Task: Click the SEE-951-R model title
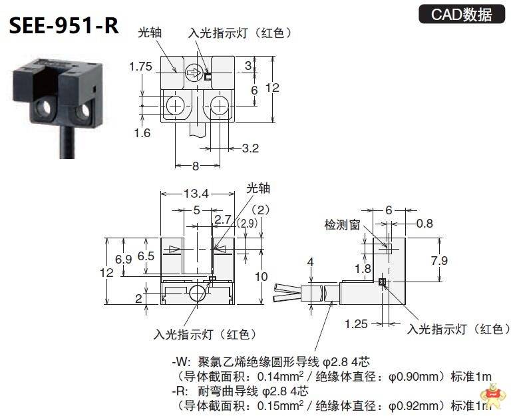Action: click(64, 25)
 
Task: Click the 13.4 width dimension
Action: click(196, 194)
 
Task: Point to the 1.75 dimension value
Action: click(140, 66)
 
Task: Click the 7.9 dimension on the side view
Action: click(439, 260)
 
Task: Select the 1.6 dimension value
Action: click(141, 132)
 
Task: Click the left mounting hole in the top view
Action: click(176, 104)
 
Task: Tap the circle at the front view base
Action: click(196, 294)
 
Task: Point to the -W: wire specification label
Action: click(181, 362)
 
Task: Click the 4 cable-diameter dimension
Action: click(309, 262)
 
